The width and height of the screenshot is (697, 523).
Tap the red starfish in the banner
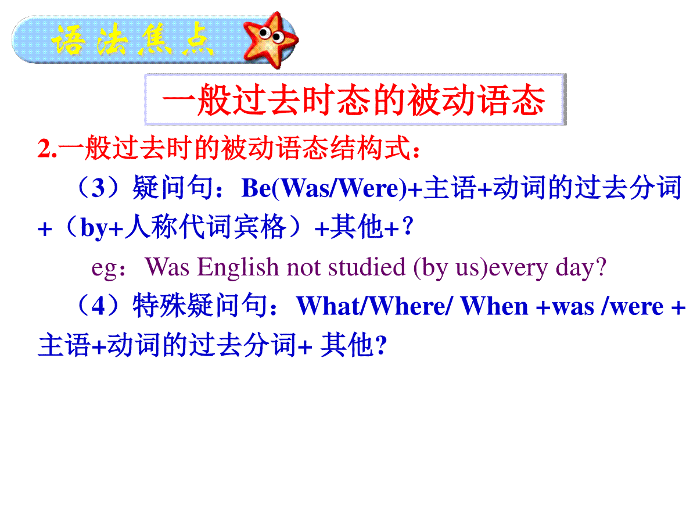pos(270,40)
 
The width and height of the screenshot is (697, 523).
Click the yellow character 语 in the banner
pos(69,40)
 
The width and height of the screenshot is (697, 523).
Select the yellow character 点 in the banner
pos(197,40)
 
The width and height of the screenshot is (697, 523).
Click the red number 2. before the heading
pos(47,148)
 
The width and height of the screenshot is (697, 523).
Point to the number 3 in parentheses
pos(98,188)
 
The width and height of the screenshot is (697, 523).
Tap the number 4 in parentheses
pos(98,306)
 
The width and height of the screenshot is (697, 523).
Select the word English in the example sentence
pos(238,267)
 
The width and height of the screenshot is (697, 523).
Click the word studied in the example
pos(367,267)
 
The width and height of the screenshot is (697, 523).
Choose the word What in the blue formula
pos(329,306)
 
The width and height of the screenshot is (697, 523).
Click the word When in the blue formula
pos(494,306)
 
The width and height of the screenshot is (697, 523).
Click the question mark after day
pos(601,267)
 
